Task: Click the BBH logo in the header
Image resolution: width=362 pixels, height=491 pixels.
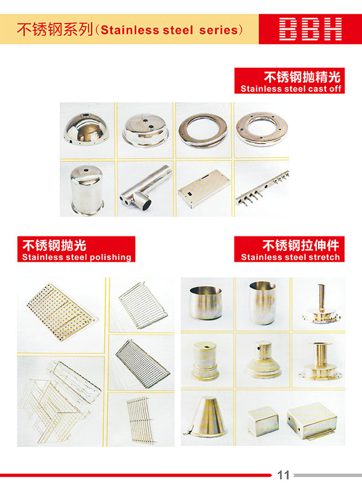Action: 310,29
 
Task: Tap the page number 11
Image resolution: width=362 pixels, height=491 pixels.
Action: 284,475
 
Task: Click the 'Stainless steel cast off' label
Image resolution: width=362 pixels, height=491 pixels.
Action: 290,89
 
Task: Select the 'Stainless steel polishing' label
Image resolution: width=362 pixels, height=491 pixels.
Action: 77,257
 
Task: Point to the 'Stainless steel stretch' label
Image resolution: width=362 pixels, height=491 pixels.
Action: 290,257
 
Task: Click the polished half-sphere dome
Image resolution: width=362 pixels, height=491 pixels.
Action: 86,129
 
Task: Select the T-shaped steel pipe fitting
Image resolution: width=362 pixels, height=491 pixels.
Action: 145,187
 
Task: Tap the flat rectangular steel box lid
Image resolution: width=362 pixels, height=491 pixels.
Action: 204,187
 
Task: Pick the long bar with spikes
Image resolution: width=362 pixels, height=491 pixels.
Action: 262,188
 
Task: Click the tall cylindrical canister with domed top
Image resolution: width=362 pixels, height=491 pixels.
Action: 87,189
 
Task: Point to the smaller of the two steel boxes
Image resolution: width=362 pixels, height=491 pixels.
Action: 263,420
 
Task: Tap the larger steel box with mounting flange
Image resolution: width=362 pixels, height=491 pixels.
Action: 312,420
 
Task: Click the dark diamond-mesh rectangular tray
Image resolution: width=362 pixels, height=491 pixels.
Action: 142,364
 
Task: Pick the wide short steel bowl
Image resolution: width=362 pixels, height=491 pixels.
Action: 206,302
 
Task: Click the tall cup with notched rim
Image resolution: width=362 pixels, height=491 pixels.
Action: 262,302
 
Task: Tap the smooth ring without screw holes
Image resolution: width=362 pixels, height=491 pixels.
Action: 203,130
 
